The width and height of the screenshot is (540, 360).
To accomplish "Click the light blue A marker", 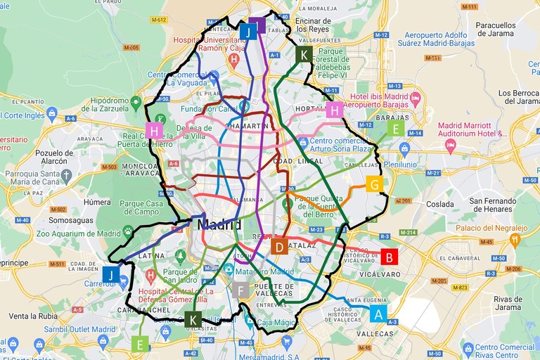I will click(x=378, y=314).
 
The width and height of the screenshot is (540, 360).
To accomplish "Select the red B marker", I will click(x=389, y=257).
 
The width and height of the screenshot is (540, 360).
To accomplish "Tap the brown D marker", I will click(x=279, y=247).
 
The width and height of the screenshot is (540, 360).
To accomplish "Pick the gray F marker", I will click(x=241, y=290).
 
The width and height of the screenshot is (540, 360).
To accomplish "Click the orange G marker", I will click(x=374, y=185).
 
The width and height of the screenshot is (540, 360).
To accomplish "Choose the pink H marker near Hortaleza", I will click(x=335, y=110).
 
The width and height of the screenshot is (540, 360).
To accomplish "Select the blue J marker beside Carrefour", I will click(x=111, y=275).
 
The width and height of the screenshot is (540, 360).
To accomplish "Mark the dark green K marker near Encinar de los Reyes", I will click(x=304, y=55).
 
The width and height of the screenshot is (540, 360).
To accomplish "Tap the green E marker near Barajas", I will click(x=396, y=129).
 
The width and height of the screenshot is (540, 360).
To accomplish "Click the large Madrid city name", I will click(x=219, y=225).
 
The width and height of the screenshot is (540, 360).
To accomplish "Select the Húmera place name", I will click(x=97, y=202).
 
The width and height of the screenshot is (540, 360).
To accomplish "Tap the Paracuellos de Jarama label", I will click(x=496, y=30).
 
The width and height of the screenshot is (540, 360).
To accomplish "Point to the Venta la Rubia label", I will click(x=33, y=316).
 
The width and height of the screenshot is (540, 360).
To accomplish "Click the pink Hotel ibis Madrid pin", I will click(x=415, y=96).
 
